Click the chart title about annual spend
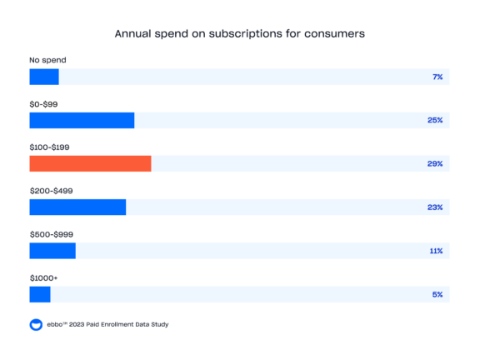click(x=240, y=35)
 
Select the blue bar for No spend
click(x=44, y=77)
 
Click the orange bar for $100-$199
click(x=90, y=163)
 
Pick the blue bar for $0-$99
click(x=82, y=120)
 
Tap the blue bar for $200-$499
click(x=77, y=207)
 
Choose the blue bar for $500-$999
click(x=52, y=251)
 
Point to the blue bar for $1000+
click(x=40, y=294)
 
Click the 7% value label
click(x=437, y=77)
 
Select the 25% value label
click(x=434, y=120)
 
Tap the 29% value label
click(x=434, y=163)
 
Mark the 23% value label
click(x=434, y=207)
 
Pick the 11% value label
click(x=435, y=251)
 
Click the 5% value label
click(x=437, y=294)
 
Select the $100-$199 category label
click(x=49, y=147)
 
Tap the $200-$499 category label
click(x=51, y=190)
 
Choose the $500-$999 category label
click(x=51, y=234)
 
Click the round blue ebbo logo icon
click(x=36, y=324)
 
